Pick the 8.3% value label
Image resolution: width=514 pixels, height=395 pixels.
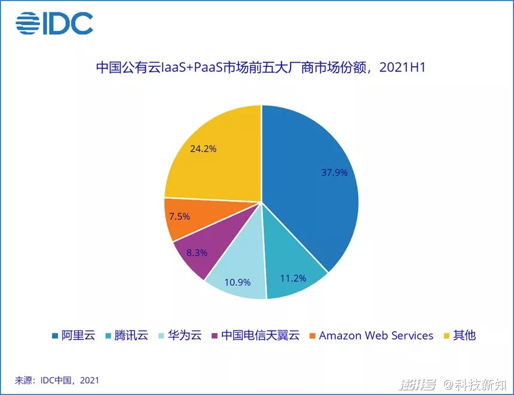197,252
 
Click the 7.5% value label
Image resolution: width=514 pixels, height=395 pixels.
179,216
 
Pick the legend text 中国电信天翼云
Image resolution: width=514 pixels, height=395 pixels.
260,335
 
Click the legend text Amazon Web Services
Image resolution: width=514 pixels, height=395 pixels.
376,335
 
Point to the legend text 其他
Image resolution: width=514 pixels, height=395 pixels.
464,335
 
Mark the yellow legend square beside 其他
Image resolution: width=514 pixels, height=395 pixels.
445,335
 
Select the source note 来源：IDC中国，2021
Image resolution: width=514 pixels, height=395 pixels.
57,380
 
